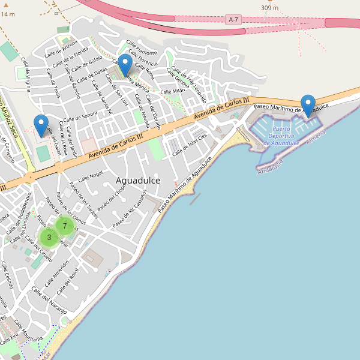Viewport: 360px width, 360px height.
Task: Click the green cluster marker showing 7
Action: (x=64, y=226)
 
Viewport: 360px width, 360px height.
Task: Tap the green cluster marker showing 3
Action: (x=49, y=237)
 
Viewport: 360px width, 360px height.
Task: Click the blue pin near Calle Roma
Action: (x=125, y=65)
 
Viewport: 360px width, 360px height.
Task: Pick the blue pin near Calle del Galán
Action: (x=41, y=125)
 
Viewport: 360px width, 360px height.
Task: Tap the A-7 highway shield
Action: (x=235, y=20)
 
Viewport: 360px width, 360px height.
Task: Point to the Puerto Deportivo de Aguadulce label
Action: (x=281, y=136)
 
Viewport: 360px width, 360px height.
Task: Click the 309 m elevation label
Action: (x=270, y=8)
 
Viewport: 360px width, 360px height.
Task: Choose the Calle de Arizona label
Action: (x=61, y=46)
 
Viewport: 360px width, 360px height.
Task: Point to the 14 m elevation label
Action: (x=8, y=14)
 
